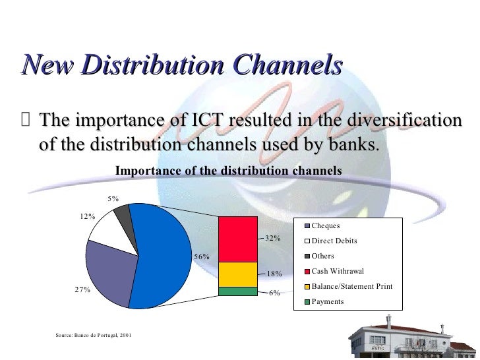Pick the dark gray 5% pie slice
tap(122, 213)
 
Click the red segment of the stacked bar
tap(237, 239)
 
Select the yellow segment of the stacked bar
tap(237, 274)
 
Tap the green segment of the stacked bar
tap(237, 291)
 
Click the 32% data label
tap(274, 238)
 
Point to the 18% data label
tap(274, 274)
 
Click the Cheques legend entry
tap(326, 226)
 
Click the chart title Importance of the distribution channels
tap(228, 170)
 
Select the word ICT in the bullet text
tap(195, 122)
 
